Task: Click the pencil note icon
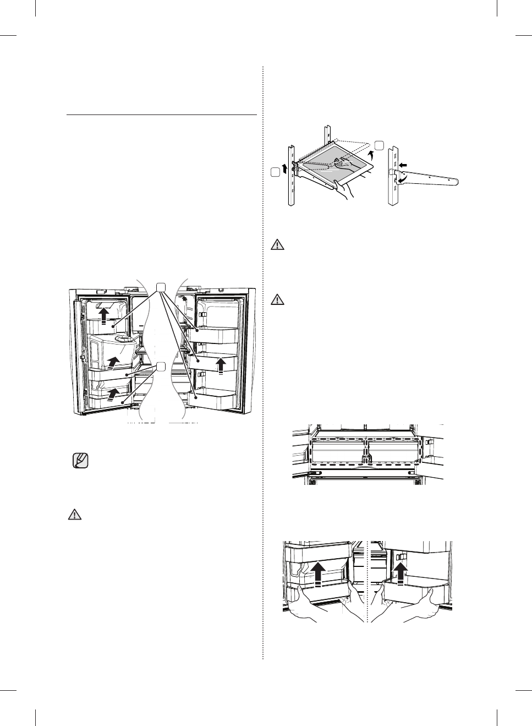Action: click(80, 460)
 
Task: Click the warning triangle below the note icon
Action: click(74, 515)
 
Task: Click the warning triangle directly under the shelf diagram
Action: click(278, 245)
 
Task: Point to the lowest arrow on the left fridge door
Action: click(114, 393)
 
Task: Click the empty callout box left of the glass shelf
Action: click(276, 172)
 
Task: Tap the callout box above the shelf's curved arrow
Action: click(379, 144)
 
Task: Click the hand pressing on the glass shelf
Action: click(344, 161)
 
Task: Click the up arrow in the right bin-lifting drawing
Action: click(402, 571)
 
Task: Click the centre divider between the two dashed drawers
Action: click(366, 455)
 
